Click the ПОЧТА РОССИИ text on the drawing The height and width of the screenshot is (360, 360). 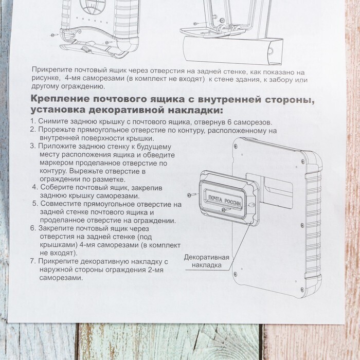click(225, 201)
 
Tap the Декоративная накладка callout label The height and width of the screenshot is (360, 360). click(207, 261)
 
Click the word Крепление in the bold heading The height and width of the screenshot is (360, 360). click(60, 99)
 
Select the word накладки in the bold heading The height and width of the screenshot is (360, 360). click(195, 111)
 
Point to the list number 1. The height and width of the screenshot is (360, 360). click(32, 121)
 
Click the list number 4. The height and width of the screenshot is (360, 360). click(35, 187)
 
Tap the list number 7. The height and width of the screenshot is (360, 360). click(33, 261)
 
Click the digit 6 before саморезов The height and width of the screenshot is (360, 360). click(229, 122)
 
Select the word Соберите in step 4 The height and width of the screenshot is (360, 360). click(56, 187)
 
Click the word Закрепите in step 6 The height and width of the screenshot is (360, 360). click(56, 229)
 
